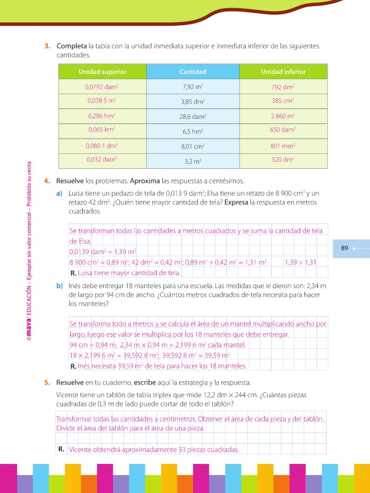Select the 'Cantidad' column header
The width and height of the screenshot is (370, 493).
[193, 72]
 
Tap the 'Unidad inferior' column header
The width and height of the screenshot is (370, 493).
[283, 72]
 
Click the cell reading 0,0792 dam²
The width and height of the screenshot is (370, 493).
[103, 87]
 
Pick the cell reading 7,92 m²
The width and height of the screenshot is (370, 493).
[193, 87]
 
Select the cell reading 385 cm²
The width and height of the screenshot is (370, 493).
[283, 101]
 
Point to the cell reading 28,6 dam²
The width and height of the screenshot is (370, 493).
[193, 117]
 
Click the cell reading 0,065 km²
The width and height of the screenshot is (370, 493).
[103, 130]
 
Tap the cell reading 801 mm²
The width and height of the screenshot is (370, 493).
[283, 146]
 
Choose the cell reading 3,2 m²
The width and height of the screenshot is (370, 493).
[193, 162]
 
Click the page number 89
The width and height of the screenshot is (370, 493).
[344, 248]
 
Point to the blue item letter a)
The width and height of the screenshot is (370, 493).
[59, 193]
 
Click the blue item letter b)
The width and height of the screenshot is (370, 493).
[59, 285]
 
